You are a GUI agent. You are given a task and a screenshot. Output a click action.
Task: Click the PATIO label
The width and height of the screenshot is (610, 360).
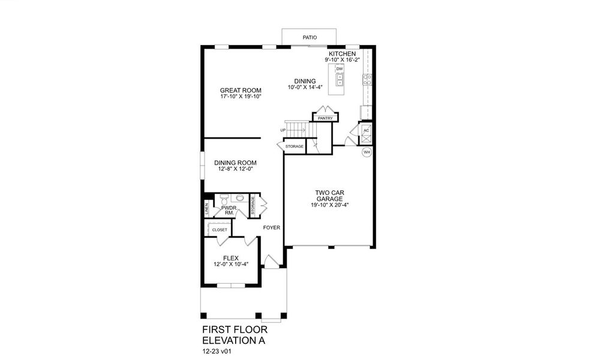click(x=309, y=37)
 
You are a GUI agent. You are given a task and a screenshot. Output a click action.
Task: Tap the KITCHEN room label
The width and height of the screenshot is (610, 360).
click(x=342, y=54)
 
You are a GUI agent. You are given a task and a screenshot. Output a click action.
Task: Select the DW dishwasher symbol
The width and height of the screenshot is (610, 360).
click(x=339, y=69)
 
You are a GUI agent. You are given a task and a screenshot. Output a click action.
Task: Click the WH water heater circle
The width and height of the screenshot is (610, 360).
click(x=366, y=152)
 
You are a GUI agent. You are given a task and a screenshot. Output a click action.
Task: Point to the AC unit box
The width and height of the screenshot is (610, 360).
click(x=366, y=133)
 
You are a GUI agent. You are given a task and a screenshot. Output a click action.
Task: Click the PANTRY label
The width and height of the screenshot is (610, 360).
click(x=325, y=118)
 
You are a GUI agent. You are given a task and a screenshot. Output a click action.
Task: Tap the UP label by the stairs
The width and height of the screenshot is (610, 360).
click(x=283, y=130)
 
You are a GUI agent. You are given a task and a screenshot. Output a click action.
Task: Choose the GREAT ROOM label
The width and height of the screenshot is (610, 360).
click(x=241, y=90)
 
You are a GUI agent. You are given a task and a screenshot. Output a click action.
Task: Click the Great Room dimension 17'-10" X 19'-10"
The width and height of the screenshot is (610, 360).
click(x=241, y=96)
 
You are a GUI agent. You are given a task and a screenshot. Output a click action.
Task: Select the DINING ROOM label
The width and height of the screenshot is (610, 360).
click(x=235, y=163)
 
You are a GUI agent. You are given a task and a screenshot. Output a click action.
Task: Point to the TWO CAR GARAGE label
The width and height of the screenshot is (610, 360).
click(x=329, y=196)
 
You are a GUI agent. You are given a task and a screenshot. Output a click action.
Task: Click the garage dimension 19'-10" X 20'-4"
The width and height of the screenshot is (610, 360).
click(x=329, y=205)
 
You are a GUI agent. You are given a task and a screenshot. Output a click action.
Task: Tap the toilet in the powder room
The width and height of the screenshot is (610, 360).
click(x=224, y=200)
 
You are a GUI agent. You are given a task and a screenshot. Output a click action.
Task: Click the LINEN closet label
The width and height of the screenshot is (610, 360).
click(x=207, y=209)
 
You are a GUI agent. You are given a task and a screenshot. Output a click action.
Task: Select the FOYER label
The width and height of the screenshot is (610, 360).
click(x=272, y=227)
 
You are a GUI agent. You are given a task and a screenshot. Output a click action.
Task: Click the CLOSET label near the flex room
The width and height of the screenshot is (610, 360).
click(x=220, y=230)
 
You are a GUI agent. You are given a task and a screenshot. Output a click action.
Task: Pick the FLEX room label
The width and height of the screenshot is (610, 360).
click(x=231, y=258)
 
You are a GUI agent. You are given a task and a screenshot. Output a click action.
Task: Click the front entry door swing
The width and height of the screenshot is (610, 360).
click(x=272, y=262)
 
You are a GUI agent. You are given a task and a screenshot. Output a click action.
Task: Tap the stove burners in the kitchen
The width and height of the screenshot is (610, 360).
click(x=367, y=80)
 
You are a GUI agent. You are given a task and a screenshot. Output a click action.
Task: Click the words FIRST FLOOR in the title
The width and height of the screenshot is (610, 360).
click(x=235, y=329)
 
